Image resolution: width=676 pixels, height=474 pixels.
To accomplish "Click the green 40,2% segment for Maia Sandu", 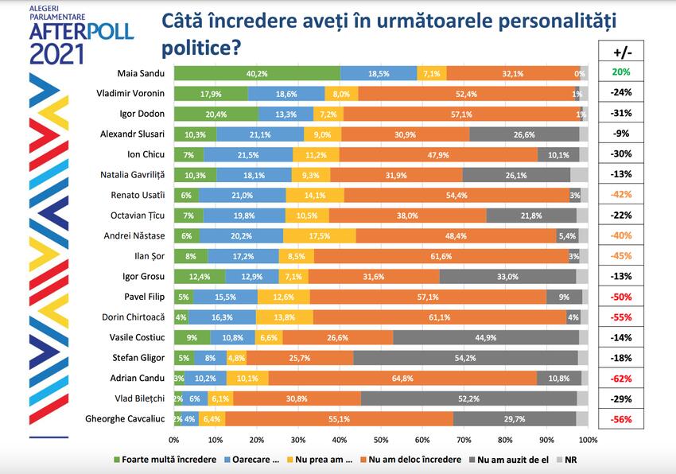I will (x=257, y=73).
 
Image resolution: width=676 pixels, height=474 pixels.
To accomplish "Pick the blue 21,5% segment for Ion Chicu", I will (x=248, y=154).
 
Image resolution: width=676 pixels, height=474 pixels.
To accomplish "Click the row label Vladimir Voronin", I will (x=131, y=93).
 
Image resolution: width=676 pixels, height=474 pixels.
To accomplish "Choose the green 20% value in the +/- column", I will (x=621, y=73).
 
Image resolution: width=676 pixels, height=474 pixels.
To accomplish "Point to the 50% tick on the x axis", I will (x=381, y=438).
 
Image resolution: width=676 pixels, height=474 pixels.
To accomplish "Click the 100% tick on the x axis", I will (x=587, y=438).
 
